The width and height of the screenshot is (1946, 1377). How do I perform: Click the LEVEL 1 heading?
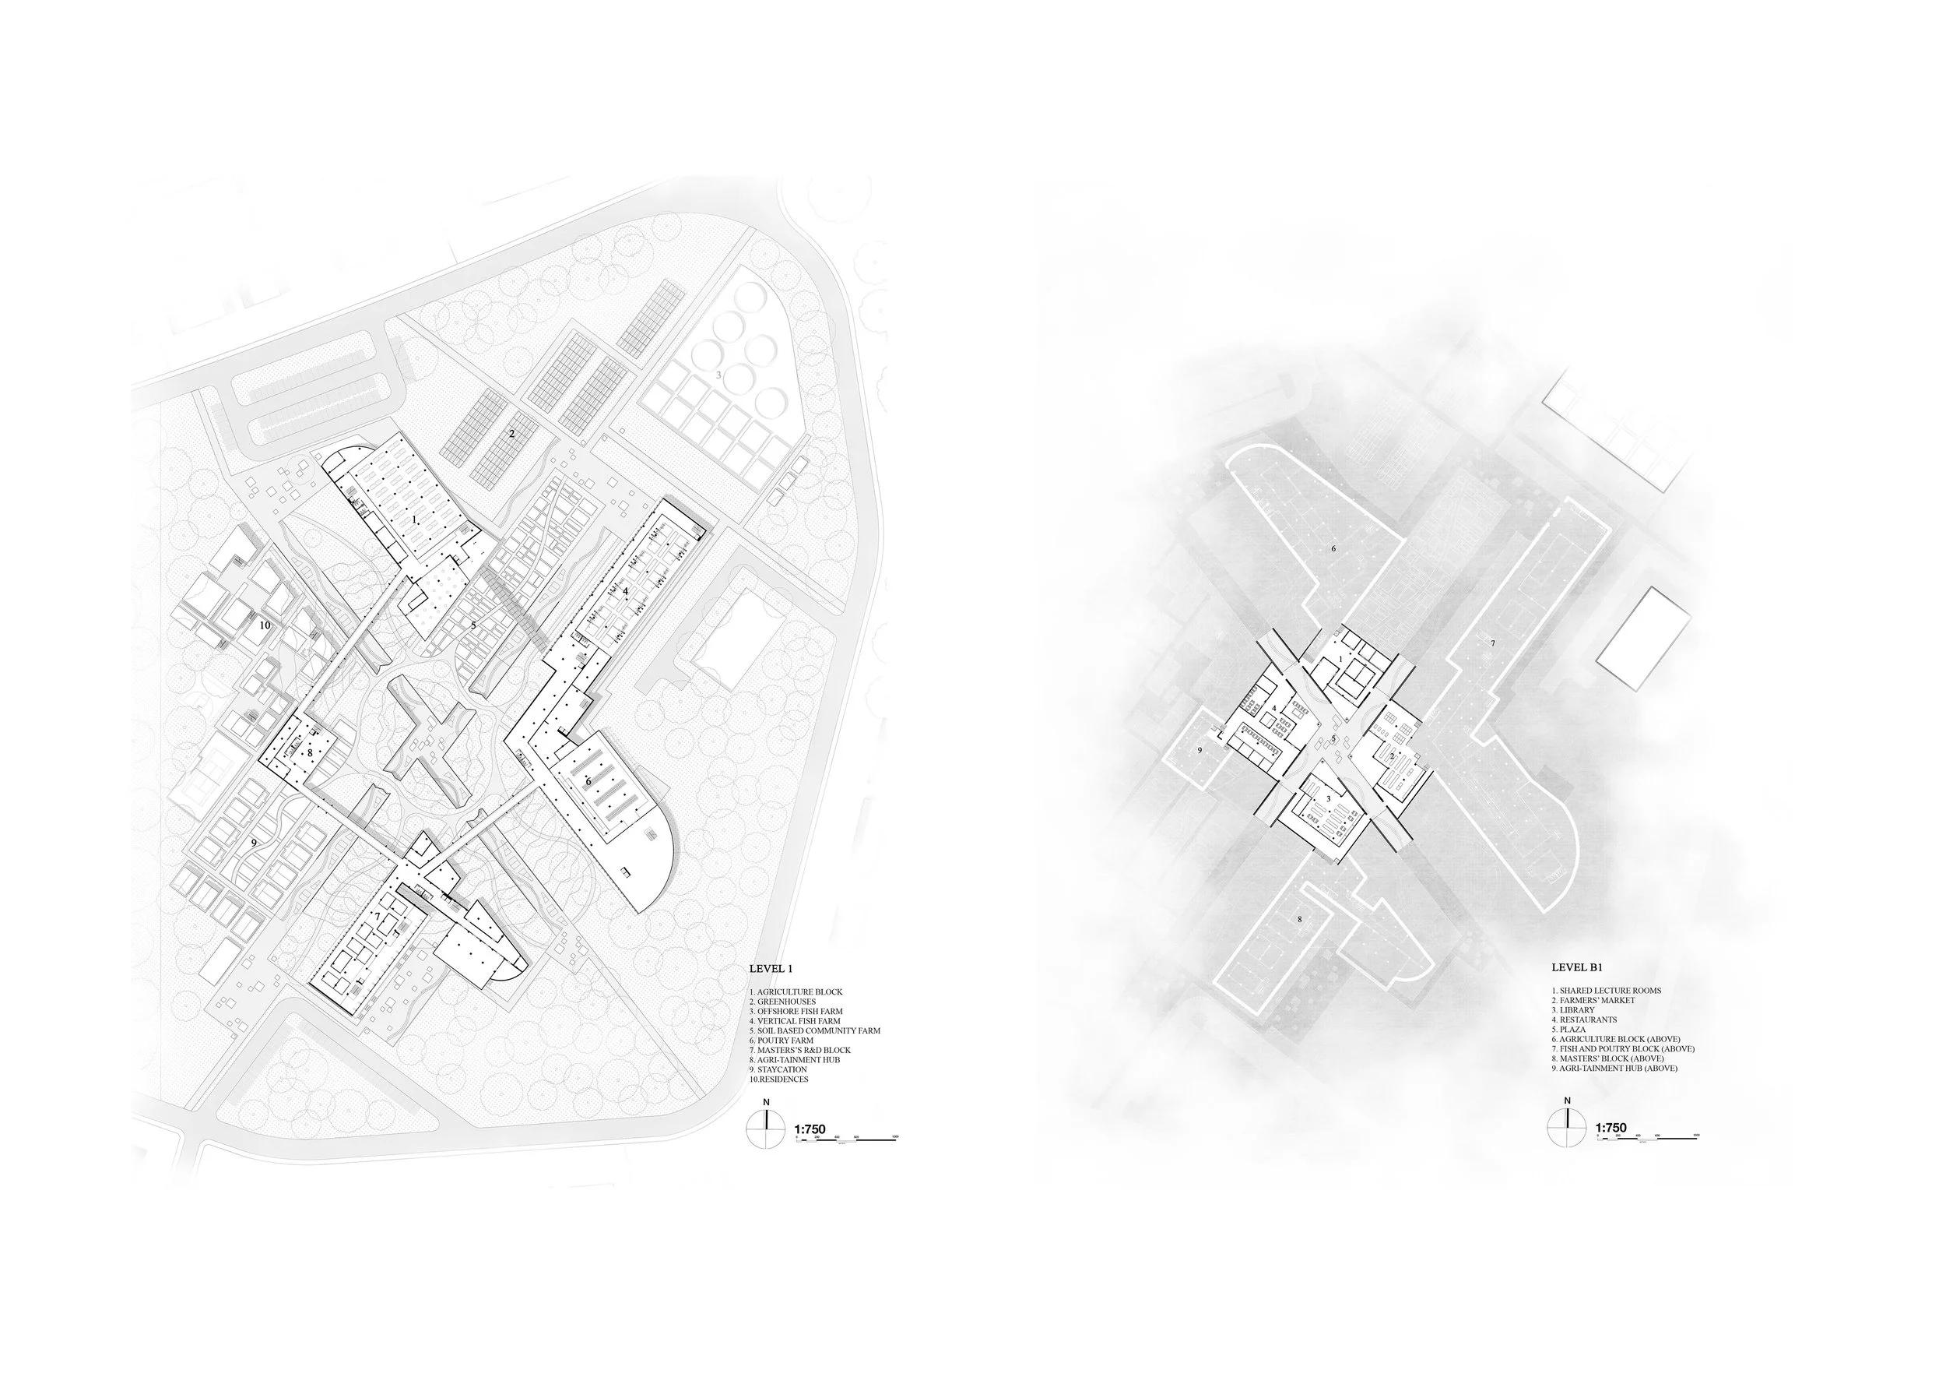pos(771,968)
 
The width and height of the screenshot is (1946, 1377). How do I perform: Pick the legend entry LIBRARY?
pos(1573,1010)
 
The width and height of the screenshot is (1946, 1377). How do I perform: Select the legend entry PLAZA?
pos(1570,1030)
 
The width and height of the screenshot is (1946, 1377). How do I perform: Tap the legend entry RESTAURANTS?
pos(1584,1020)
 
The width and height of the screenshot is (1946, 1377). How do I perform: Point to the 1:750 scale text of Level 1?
pos(810,1129)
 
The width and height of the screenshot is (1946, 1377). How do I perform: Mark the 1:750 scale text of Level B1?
pos(1611,1129)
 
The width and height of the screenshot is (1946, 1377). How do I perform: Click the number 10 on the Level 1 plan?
pos(265,625)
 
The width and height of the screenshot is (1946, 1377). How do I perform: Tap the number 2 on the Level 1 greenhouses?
pos(511,433)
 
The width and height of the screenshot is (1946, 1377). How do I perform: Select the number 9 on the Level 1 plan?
pos(254,843)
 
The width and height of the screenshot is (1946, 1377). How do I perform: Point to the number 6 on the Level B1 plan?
pos(1333,548)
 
